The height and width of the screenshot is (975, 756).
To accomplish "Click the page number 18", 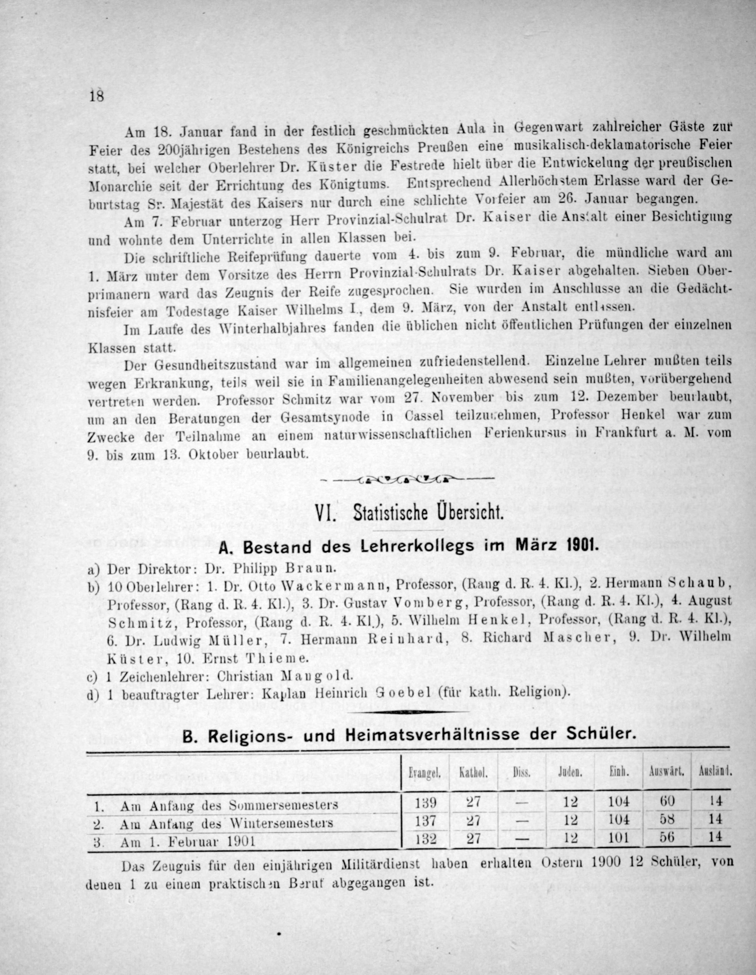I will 96,96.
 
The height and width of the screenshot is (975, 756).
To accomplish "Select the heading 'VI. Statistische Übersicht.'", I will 409,514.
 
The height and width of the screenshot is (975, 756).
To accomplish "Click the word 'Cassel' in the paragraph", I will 424,416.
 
